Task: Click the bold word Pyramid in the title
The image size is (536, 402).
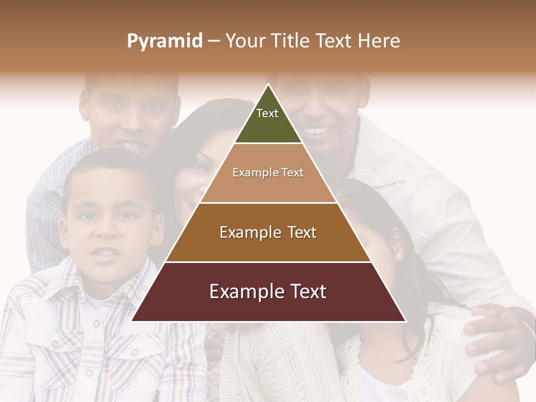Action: (165, 41)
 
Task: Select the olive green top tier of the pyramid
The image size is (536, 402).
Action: (268, 120)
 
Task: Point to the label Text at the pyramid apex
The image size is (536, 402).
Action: (267, 113)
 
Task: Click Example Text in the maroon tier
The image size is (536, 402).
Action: (268, 292)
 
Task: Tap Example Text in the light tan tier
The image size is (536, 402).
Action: (268, 173)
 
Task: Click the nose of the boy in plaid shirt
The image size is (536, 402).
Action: (106, 232)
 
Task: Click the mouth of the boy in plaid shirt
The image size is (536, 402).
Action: (106, 253)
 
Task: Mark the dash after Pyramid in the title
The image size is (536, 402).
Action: (214, 41)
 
